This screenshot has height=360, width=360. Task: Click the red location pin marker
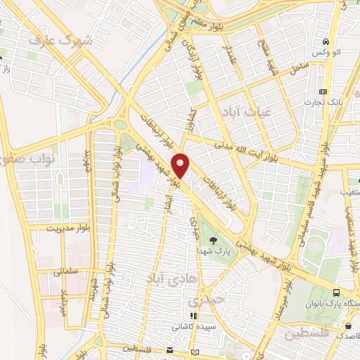tap(181, 166)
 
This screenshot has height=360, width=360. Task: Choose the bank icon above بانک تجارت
tap(323, 91)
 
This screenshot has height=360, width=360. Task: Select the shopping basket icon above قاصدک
tap(349, 325)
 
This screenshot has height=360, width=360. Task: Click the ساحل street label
tap(299, 68)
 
